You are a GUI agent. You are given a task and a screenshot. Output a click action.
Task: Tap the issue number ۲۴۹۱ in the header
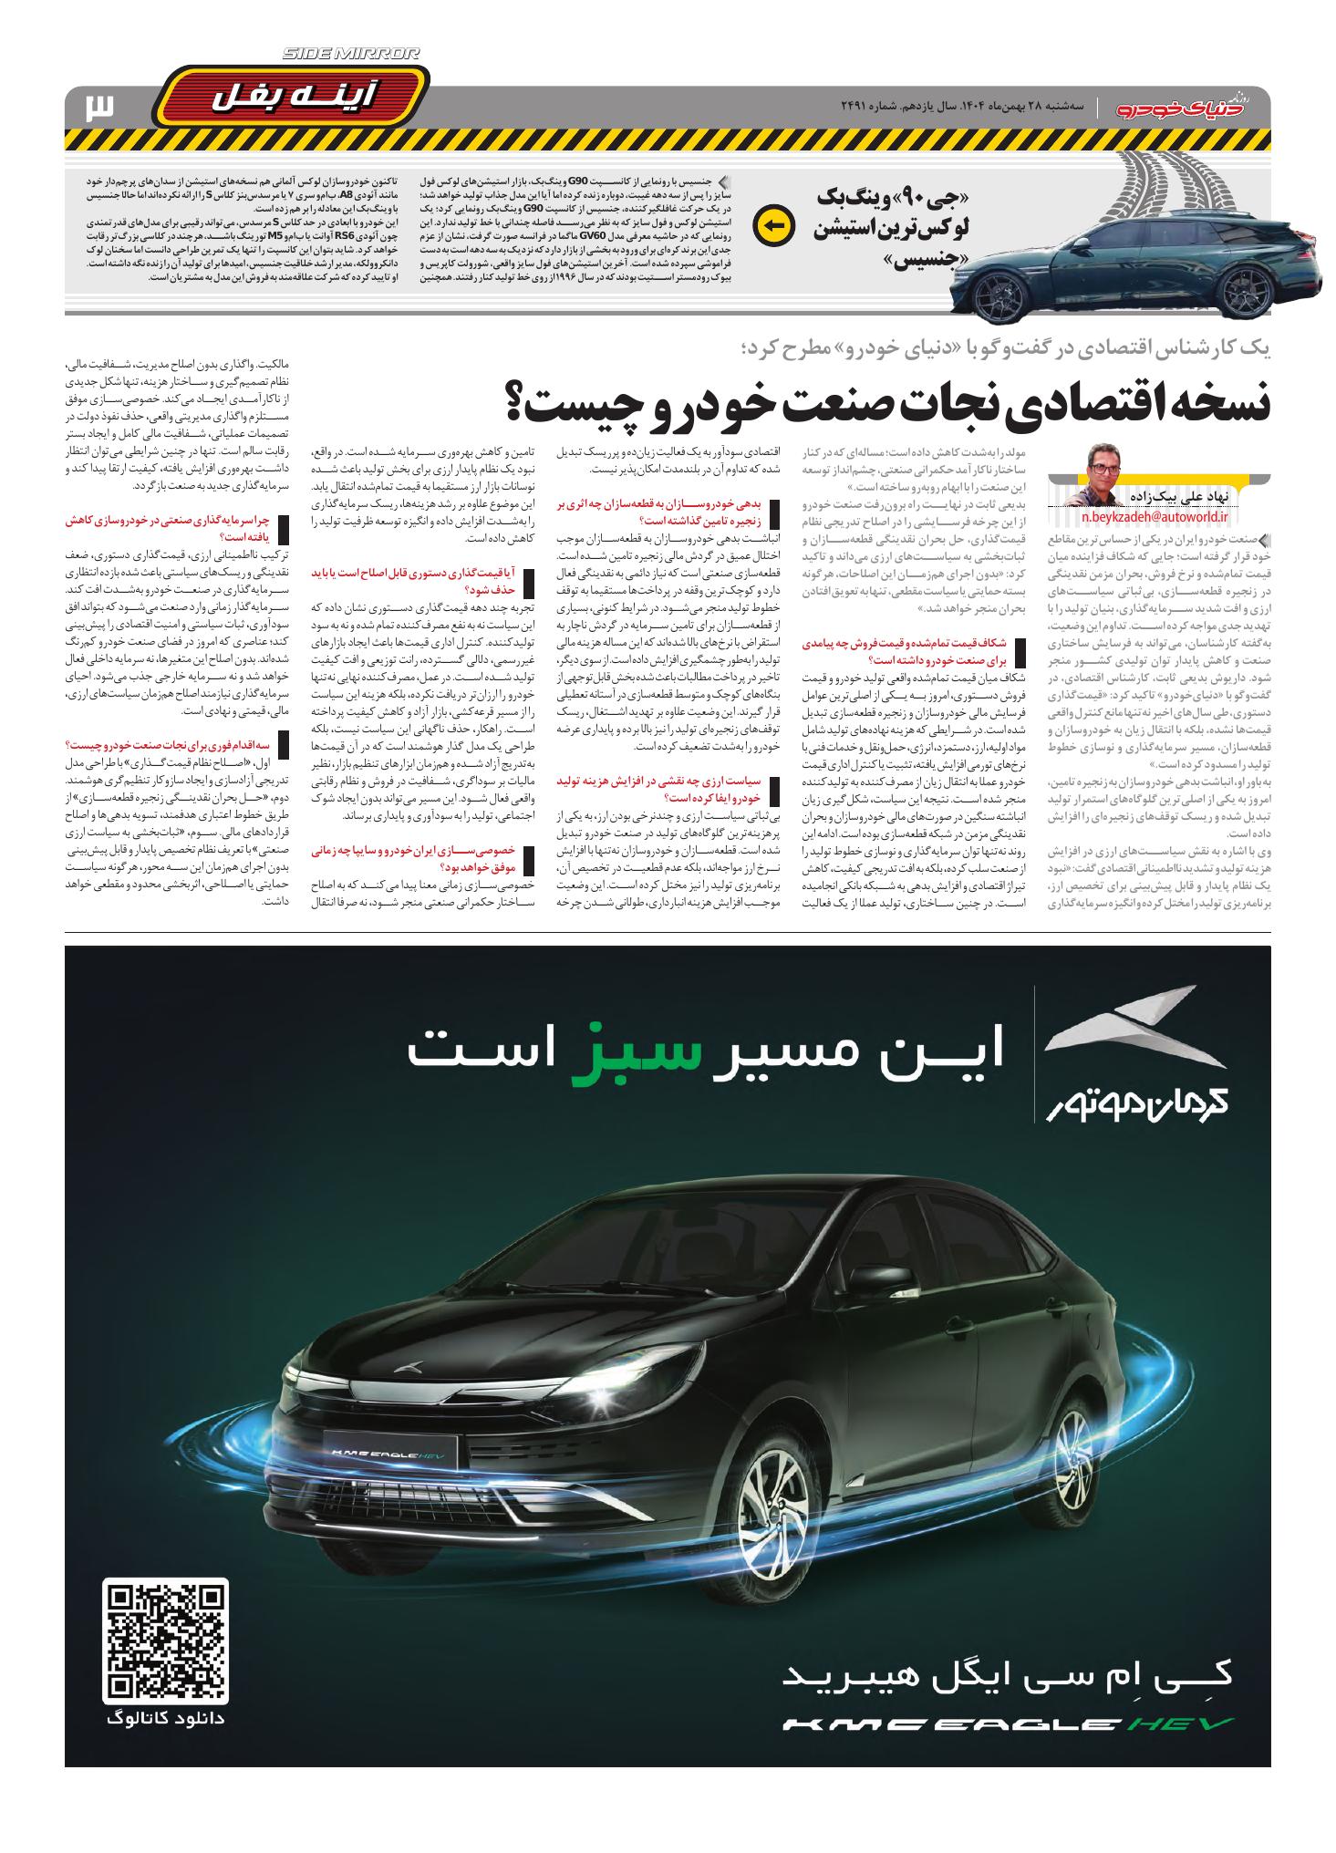coord(858,108)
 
